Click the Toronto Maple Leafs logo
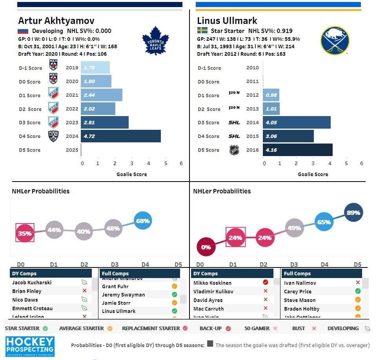155,41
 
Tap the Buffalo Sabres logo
335,40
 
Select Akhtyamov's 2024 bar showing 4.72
120,136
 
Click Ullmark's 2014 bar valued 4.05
297,122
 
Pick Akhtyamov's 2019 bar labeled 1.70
95,67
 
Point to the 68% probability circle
143,221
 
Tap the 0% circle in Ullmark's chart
206,247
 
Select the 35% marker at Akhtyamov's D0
25,233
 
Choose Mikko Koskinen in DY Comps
212,283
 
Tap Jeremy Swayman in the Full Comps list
123,295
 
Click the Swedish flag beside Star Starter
202,31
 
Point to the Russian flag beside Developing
23,31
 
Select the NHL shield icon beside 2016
234,150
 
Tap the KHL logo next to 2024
53,136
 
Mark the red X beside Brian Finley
84,291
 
